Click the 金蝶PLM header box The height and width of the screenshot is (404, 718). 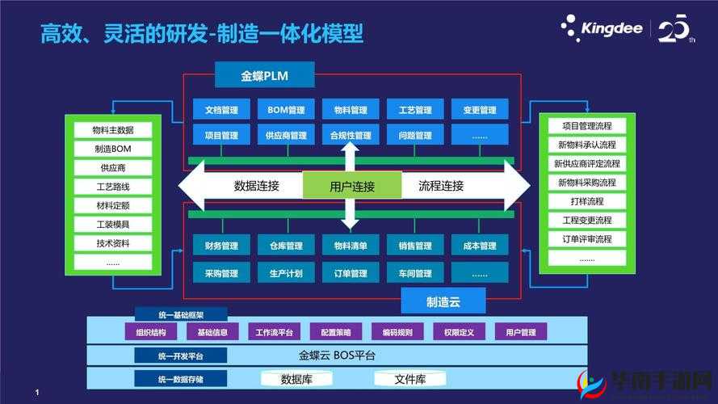264,77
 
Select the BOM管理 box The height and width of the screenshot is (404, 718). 286,111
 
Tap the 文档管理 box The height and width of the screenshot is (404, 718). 221,111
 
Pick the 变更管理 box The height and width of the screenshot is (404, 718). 480,111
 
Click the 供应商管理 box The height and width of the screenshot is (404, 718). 286,136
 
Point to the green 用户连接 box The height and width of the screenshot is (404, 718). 352,187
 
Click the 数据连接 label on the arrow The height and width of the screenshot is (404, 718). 257,186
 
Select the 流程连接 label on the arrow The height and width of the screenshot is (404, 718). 441,186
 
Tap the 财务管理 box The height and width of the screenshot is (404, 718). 221,246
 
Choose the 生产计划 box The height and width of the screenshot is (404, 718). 286,274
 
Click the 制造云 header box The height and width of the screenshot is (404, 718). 443,302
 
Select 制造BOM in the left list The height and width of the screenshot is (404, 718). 112,149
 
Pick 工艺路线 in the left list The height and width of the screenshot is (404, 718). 112,187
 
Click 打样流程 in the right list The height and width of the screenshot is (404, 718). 586,201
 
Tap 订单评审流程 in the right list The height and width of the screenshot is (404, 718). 586,239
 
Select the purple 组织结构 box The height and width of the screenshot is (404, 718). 151,332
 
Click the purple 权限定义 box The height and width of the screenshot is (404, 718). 459,332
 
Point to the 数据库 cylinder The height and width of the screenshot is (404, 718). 296,379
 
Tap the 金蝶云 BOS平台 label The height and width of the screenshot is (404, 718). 337,356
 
